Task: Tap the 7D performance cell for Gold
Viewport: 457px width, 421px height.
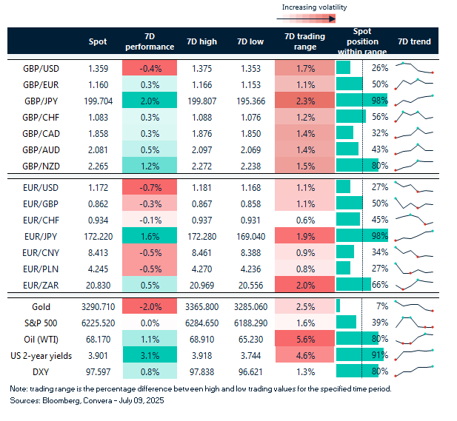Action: pyautogui.click(x=149, y=305)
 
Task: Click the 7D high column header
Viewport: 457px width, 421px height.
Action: pyautogui.click(x=202, y=42)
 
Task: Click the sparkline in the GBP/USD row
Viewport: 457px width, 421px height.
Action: pyautogui.click(x=414, y=68)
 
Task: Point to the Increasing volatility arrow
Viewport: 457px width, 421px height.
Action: pyautogui.click(x=314, y=19)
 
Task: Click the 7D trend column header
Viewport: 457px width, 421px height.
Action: pyautogui.click(x=414, y=42)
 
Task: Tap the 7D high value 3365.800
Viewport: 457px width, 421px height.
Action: pyautogui.click(x=202, y=305)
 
